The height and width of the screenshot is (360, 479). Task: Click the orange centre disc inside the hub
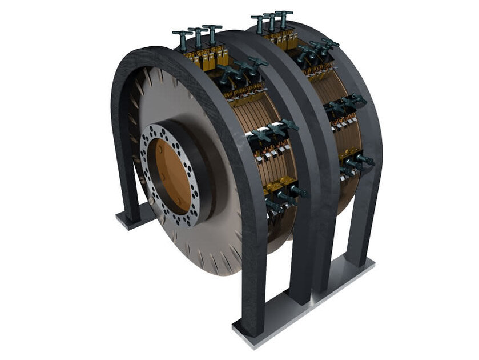[171, 171]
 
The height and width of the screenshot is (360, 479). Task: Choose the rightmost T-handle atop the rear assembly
[283, 16]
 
